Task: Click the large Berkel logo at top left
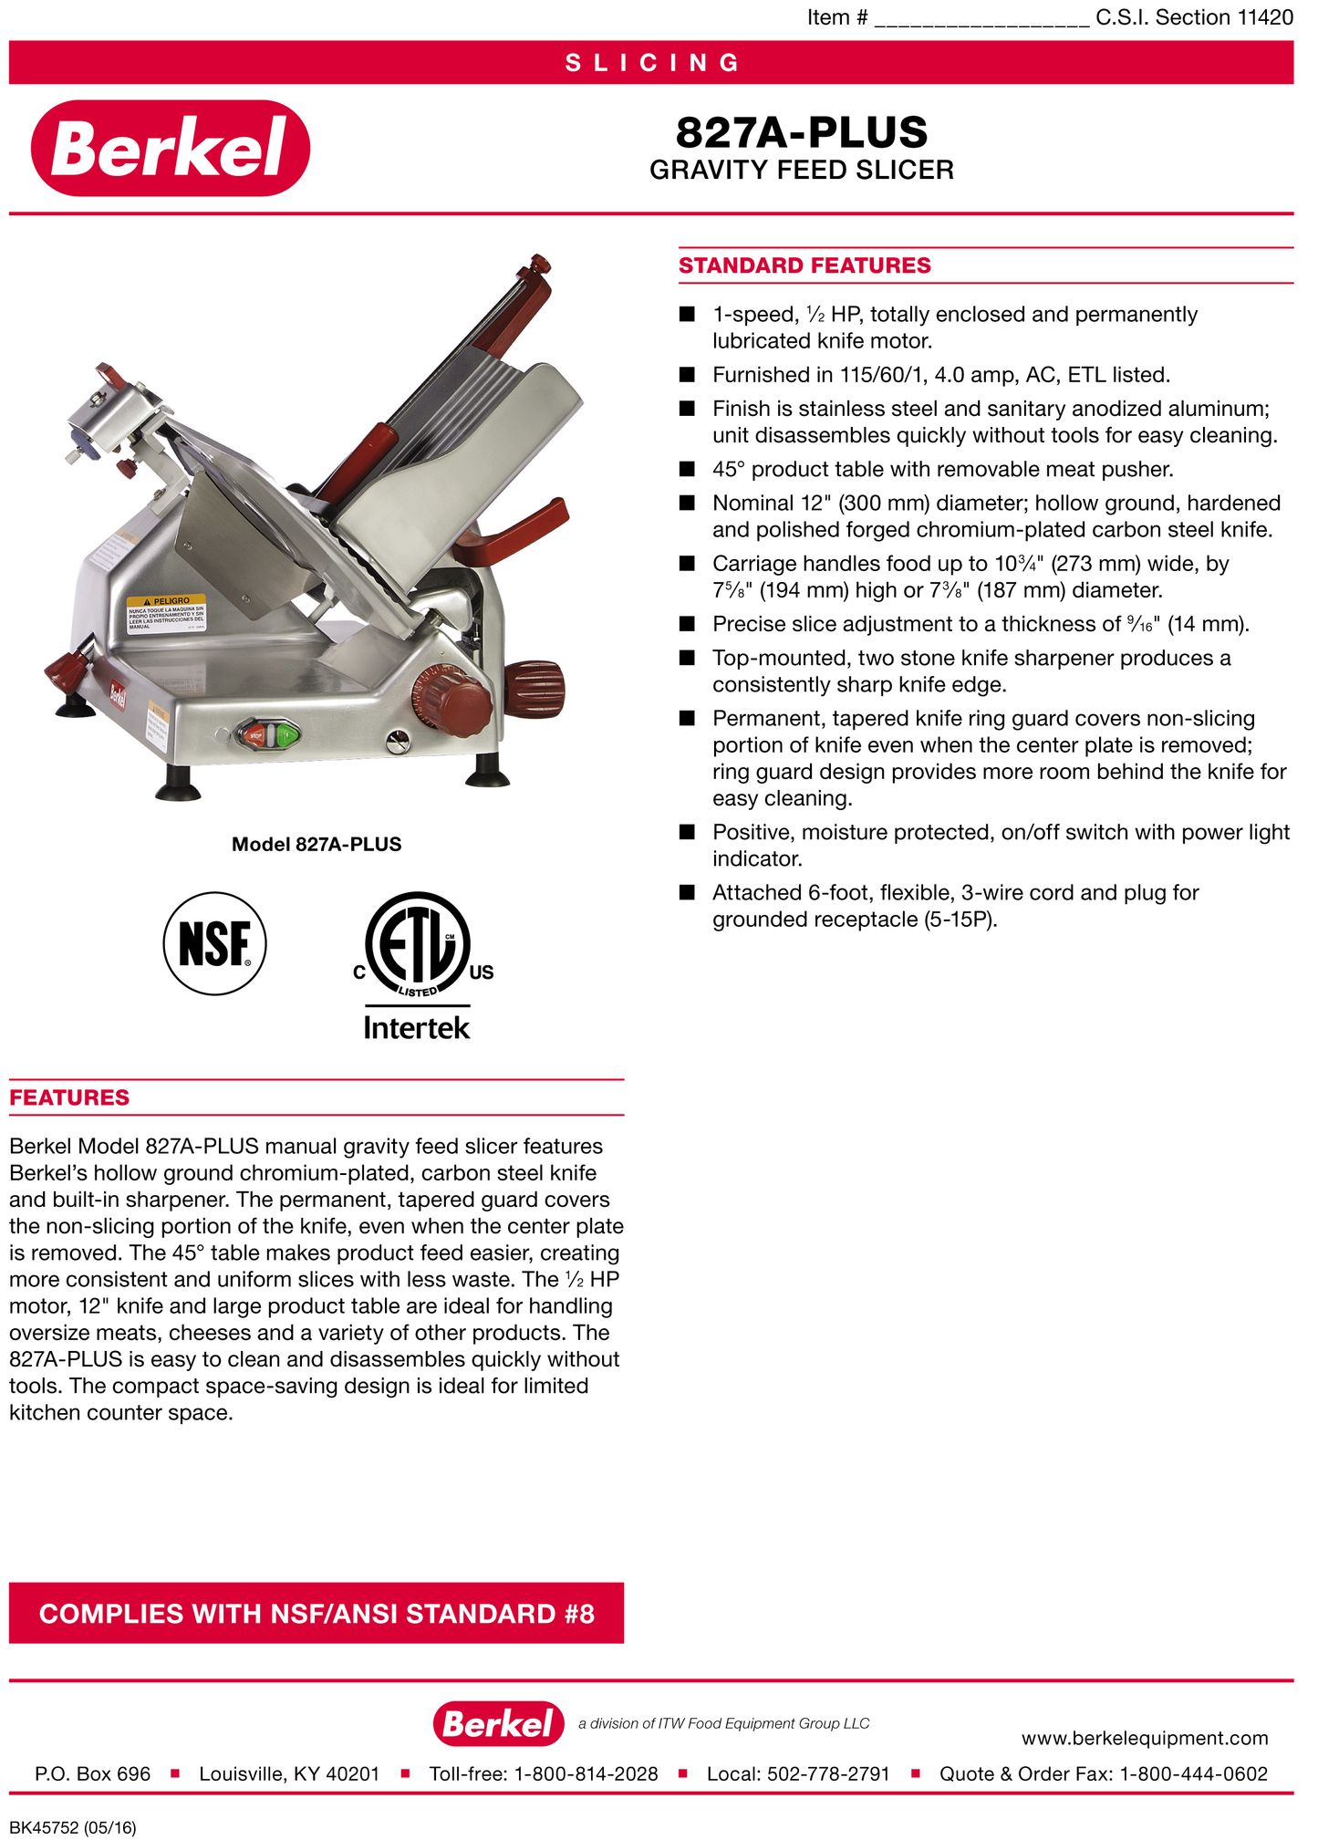click(171, 148)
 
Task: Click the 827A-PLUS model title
click(801, 133)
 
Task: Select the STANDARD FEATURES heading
click(804, 265)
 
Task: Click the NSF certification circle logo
click(215, 943)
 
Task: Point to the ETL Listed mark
click(419, 945)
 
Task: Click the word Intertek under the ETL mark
click(417, 1028)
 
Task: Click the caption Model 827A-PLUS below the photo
click(317, 844)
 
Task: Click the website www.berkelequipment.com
click(1144, 1738)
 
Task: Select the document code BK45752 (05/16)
click(73, 1827)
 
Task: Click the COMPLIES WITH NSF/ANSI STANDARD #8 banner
click(317, 1613)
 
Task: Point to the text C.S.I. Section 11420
click(1194, 17)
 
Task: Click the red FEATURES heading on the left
click(69, 1097)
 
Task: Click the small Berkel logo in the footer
click(498, 1723)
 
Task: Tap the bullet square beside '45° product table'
click(687, 469)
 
